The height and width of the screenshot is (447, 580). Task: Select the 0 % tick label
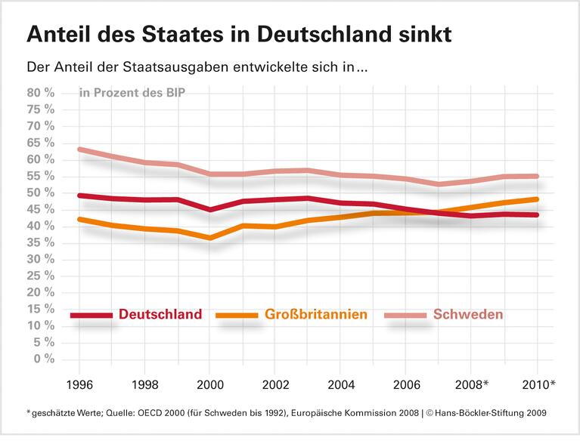[x=44, y=359]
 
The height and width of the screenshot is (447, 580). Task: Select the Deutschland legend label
[x=160, y=315]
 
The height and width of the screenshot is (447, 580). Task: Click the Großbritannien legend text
[x=316, y=315]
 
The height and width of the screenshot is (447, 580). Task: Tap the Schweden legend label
[x=468, y=315]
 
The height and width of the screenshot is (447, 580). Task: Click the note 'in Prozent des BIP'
[x=132, y=93]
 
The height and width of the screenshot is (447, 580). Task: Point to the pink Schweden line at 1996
[x=79, y=150]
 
